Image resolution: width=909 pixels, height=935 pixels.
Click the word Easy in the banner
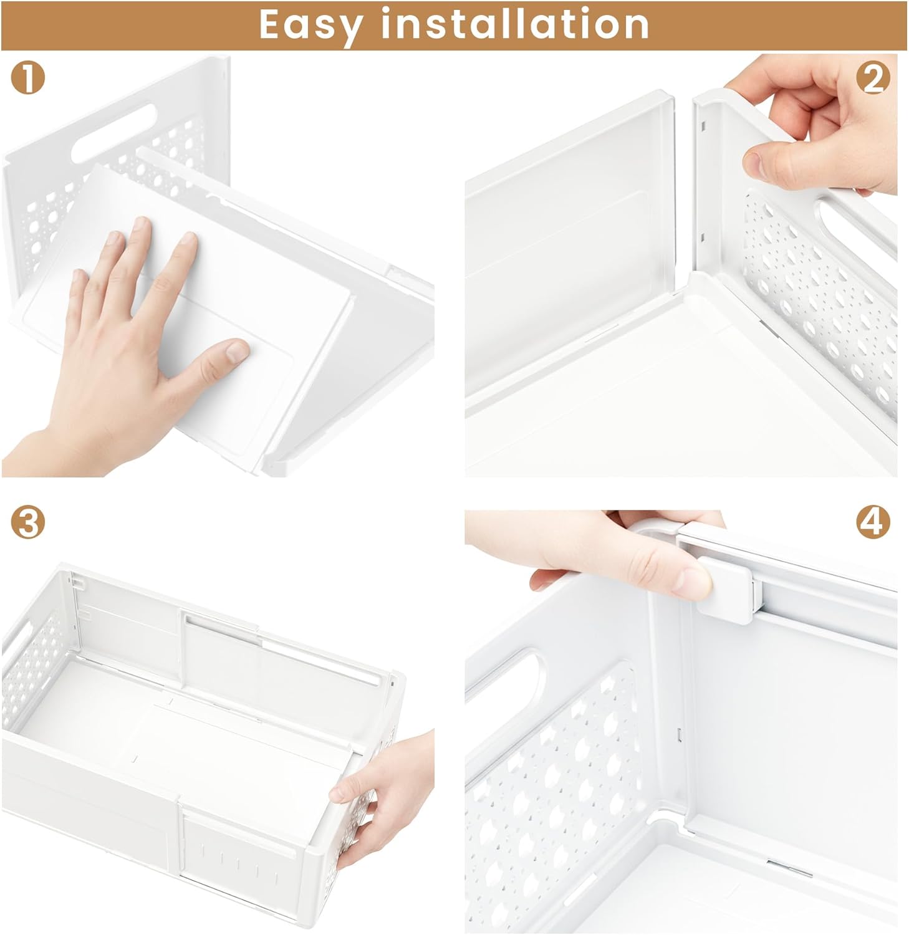tap(310, 25)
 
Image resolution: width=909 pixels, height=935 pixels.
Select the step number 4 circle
tap(873, 522)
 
